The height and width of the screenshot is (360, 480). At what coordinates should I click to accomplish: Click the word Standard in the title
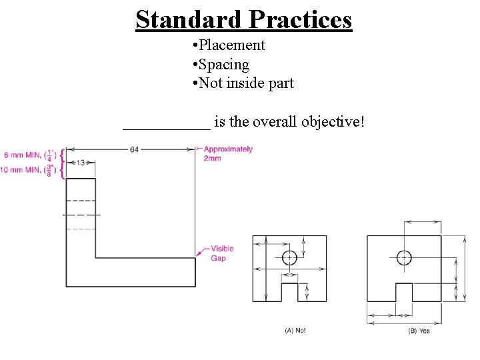[189, 19]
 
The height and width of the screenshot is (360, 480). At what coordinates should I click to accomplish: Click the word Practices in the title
[301, 19]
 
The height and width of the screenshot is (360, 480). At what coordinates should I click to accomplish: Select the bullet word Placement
[233, 45]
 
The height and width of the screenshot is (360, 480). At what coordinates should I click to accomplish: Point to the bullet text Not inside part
[247, 83]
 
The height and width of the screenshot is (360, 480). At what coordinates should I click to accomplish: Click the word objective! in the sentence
[333, 122]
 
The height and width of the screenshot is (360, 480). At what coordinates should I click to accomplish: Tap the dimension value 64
[135, 149]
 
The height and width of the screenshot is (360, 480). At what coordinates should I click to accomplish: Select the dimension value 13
[80, 162]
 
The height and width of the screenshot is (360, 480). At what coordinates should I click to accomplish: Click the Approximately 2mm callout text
[227, 153]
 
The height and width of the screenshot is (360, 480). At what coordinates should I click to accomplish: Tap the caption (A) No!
[295, 331]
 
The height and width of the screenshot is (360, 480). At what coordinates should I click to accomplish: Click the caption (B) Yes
[419, 331]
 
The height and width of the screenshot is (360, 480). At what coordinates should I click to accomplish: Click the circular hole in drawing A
[289, 257]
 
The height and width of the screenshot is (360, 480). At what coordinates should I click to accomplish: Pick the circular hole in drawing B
[404, 257]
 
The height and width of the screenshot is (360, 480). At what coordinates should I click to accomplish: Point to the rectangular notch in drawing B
[404, 292]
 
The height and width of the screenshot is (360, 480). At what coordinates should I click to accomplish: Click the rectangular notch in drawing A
[289, 292]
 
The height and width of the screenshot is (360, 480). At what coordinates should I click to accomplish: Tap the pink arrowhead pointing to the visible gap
[199, 253]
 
